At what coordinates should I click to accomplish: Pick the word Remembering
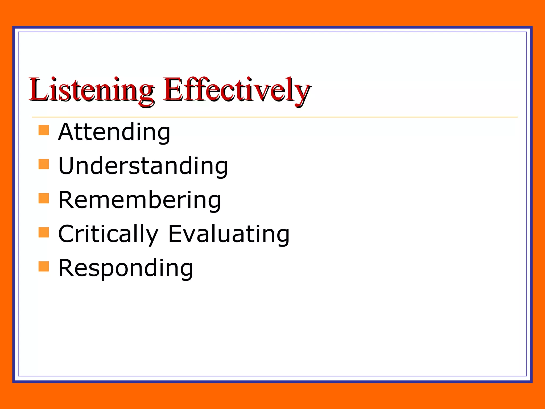pyautogui.click(x=139, y=200)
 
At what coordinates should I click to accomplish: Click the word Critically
pyautogui.click(x=108, y=234)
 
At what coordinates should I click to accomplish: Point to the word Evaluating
pyautogui.click(x=229, y=234)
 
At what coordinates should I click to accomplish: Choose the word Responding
pyautogui.click(x=126, y=268)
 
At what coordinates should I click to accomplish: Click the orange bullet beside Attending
pyautogui.click(x=44, y=130)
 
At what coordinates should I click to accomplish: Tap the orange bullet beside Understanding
pyautogui.click(x=44, y=164)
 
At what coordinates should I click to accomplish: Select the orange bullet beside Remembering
pyautogui.click(x=44, y=198)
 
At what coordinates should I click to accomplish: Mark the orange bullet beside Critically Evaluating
pyautogui.click(x=44, y=232)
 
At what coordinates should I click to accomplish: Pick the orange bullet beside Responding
pyautogui.click(x=44, y=266)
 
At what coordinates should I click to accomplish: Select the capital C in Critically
pyautogui.click(x=67, y=234)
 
